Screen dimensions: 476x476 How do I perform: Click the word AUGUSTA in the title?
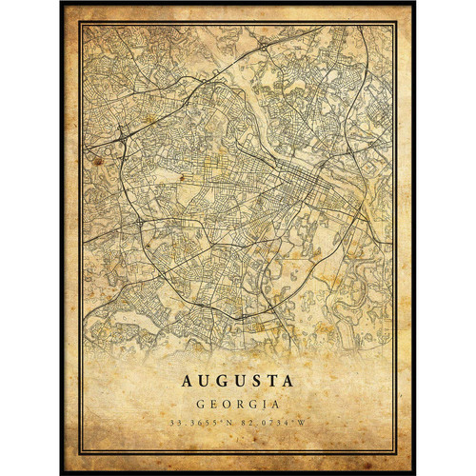coord(237,381)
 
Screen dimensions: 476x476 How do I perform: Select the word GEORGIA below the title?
coord(237,403)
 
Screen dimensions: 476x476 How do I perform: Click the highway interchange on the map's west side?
coord(124,135)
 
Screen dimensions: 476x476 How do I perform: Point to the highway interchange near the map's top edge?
coord(263,43)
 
